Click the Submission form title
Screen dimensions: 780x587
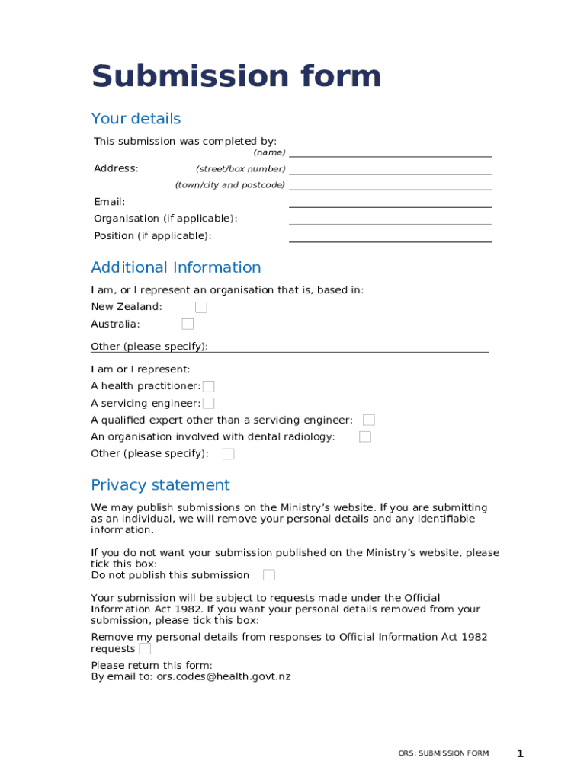(x=236, y=77)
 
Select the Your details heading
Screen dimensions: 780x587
(x=136, y=119)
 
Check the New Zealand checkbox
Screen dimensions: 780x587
(x=201, y=307)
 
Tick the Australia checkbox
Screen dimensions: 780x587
(x=188, y=324)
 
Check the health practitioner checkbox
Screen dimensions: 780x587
(x=208, y=387)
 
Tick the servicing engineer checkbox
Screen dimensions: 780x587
(x=208, y=404)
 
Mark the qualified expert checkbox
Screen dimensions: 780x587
(x=369, y=420)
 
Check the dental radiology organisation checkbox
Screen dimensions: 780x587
(x=365, y=436)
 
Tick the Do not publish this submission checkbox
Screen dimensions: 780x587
(x=269, y=575)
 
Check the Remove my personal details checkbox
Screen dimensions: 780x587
(x=145, y=649)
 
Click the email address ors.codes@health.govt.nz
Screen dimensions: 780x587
(x=223, y=676)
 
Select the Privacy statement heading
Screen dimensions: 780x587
(x=160, y=485)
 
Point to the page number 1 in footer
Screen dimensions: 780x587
(x=520, y=754)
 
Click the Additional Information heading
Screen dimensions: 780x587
(x=175, y=267)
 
